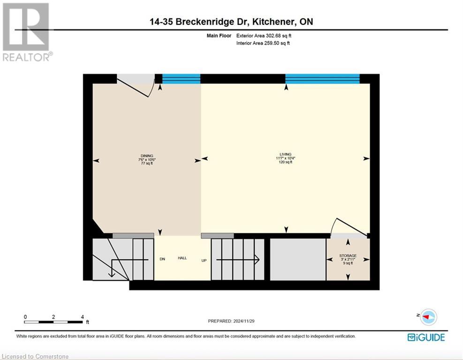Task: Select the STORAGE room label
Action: coord(348,255)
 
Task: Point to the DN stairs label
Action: coord(162,259)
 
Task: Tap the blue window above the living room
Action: coord(322,78)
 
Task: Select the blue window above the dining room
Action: coord(181,78)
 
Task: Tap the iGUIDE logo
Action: coord(426,337)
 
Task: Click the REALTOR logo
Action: coord(27,32)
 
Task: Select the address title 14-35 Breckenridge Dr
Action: coord(232,22)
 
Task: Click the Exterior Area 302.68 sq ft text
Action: coord(267,35)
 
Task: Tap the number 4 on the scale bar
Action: coord(82,317)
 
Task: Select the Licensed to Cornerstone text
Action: coord(35,356)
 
